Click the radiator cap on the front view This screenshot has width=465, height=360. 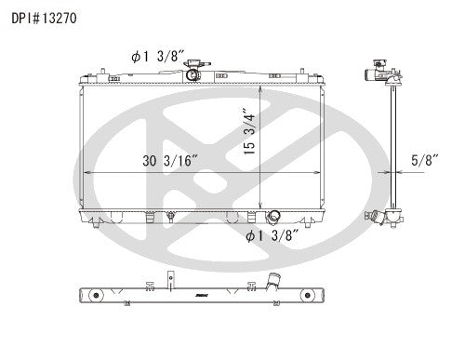coord(193,72)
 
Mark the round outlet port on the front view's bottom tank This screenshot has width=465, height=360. coord(274,218)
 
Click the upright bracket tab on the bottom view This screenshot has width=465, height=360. coord(171,277)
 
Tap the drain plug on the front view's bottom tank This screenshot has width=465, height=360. coord(170,220)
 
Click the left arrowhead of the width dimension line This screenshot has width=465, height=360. coord(86,173)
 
